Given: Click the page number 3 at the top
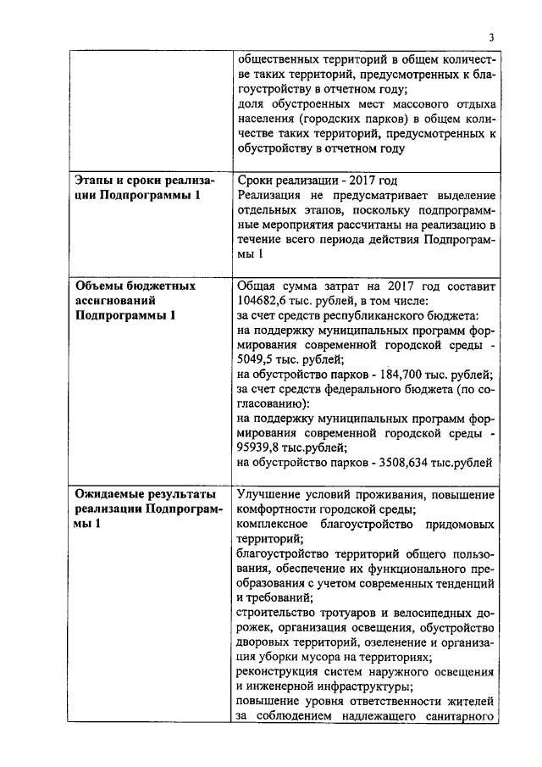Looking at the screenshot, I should pos(490,36).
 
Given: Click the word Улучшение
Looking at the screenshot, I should pos(273,493).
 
